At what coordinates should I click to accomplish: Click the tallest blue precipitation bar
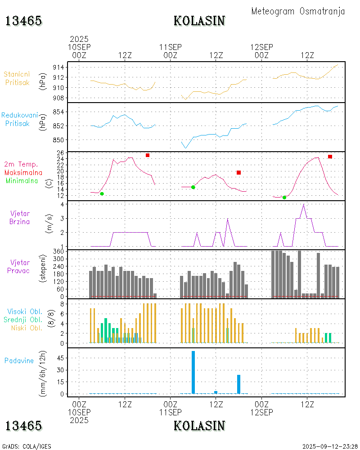click(x=193, y=372)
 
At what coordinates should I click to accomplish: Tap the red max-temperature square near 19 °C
click(x=238, y=172)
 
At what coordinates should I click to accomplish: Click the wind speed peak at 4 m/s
click(x=304, y=205)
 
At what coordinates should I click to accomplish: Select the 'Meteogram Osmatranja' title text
click(x=298, y=11)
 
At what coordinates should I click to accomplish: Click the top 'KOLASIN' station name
click(x=199, y=21)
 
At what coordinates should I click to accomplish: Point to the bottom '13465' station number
click(x=23, y=426)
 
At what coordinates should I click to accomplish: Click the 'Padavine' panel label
click(x=19, y=360)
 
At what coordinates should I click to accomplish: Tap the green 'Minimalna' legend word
click(x=22, y=180)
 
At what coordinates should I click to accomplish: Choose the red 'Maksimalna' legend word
click(x=23, y=172)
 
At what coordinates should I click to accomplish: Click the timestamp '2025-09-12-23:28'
click(x=330, y=446)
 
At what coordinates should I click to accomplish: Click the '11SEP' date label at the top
click(x=171, y=47)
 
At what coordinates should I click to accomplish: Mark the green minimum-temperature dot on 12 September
click(x=284, y=197)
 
